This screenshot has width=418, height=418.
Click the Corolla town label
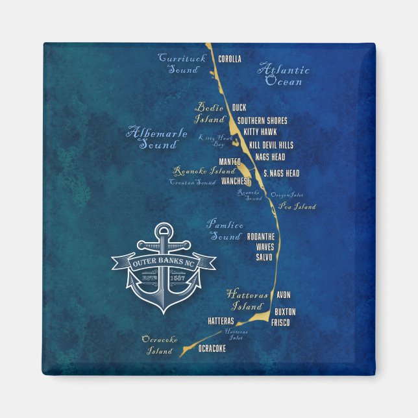[230, 59]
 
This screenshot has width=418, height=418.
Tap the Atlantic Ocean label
[284, 75]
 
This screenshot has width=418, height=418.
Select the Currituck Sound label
[182, 64]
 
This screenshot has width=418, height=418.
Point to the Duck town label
[239, 108]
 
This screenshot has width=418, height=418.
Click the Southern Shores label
[262, 121]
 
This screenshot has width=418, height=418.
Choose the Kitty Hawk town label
[260, 132]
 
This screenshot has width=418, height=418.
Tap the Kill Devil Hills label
[269, 145]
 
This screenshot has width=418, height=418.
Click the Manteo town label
[230, 161]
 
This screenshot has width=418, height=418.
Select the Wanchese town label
[236, 181]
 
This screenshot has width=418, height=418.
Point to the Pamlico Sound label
[225, 230]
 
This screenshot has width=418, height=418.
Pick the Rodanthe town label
[264, 236]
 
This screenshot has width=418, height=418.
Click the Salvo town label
[264, 258]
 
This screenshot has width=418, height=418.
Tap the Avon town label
[283, 295]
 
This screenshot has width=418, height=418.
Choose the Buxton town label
[285, 312]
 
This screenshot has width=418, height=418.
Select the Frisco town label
[280, 323]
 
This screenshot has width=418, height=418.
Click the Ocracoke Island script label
[158, 345]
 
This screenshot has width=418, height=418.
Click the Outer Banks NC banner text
[162, 264]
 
